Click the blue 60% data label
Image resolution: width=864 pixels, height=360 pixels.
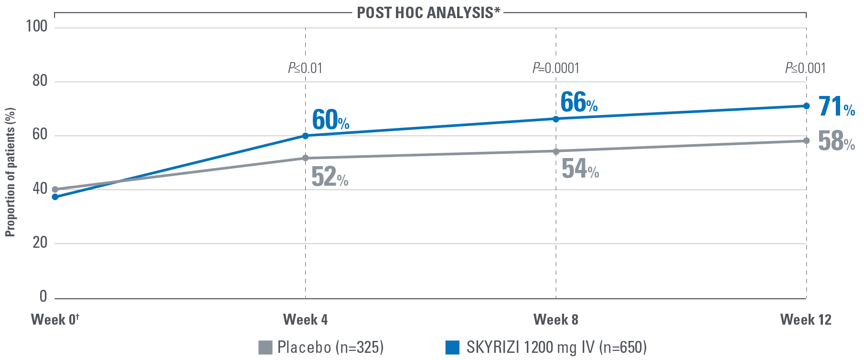tap(331, 120)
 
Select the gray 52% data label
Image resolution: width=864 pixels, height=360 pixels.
tap(330, 177)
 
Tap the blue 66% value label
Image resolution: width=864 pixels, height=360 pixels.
tap(579, 103)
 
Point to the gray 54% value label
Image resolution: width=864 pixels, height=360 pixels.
tap(580, 169)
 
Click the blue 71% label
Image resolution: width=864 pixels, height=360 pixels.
tap(836, 107)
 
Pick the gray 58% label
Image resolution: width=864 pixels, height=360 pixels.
tap(836, 141)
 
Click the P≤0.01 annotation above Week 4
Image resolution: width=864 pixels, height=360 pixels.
tap(305, 68)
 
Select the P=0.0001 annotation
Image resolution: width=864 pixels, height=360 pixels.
tap(556, 68)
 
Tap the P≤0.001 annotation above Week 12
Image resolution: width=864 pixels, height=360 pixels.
tap(805, 68)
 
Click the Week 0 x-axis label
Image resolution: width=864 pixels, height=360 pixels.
tap(55, 319)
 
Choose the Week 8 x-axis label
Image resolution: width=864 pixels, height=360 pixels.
tap(555, 319)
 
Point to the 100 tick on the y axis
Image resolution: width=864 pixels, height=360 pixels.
tap(37, 26)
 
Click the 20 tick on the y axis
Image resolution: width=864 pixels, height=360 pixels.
tap(40, 243)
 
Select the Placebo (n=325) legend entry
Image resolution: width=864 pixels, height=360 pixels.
tap(321, 347)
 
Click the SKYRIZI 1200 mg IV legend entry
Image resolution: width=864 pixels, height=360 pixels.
tap(546, 347)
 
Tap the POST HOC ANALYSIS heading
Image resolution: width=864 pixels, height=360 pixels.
tap(428, 12)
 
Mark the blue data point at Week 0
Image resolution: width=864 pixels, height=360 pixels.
tap(55, 197)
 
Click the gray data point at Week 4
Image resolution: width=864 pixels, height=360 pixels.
tap(305, 158)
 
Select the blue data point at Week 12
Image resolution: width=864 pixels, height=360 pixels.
tap(806, 106)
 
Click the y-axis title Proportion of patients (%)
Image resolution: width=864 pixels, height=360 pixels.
tap(11, 172)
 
